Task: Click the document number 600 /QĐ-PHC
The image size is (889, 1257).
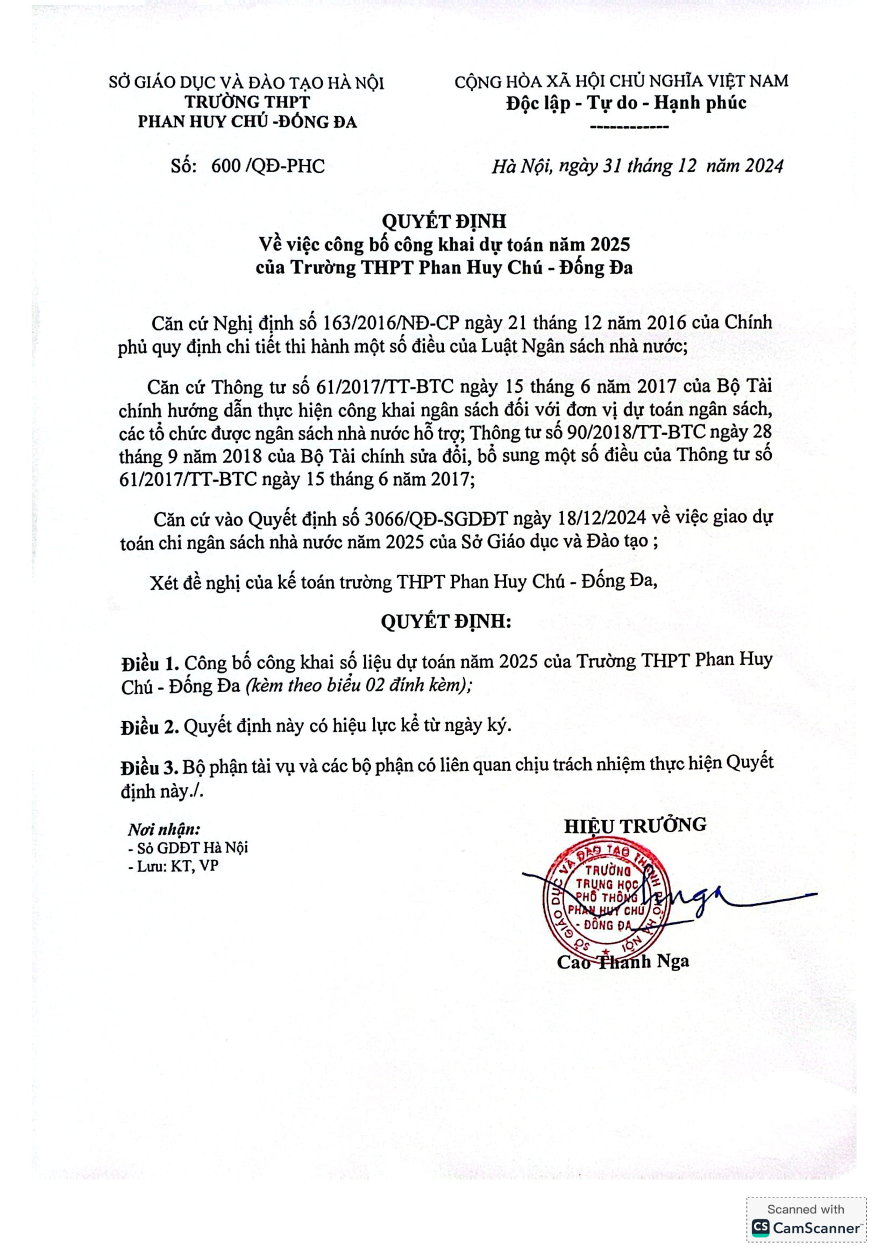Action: click(268, 166)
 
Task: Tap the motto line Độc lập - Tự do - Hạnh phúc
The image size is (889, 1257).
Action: click(626, 103)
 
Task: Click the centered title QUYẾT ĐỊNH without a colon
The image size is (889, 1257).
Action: click(444, 221)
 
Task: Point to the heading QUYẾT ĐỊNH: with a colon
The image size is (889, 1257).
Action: click(446, 621)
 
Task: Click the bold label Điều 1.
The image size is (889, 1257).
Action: click(150, 664)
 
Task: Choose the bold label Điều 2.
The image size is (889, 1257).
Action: click(150, 727)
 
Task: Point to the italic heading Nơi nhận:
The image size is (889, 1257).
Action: click(164, 829)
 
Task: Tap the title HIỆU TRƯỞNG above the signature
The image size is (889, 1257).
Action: click(635, 825)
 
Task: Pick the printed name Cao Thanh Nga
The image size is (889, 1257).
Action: click(623, 961)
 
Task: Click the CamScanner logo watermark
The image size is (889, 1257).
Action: click(806, 1228)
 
